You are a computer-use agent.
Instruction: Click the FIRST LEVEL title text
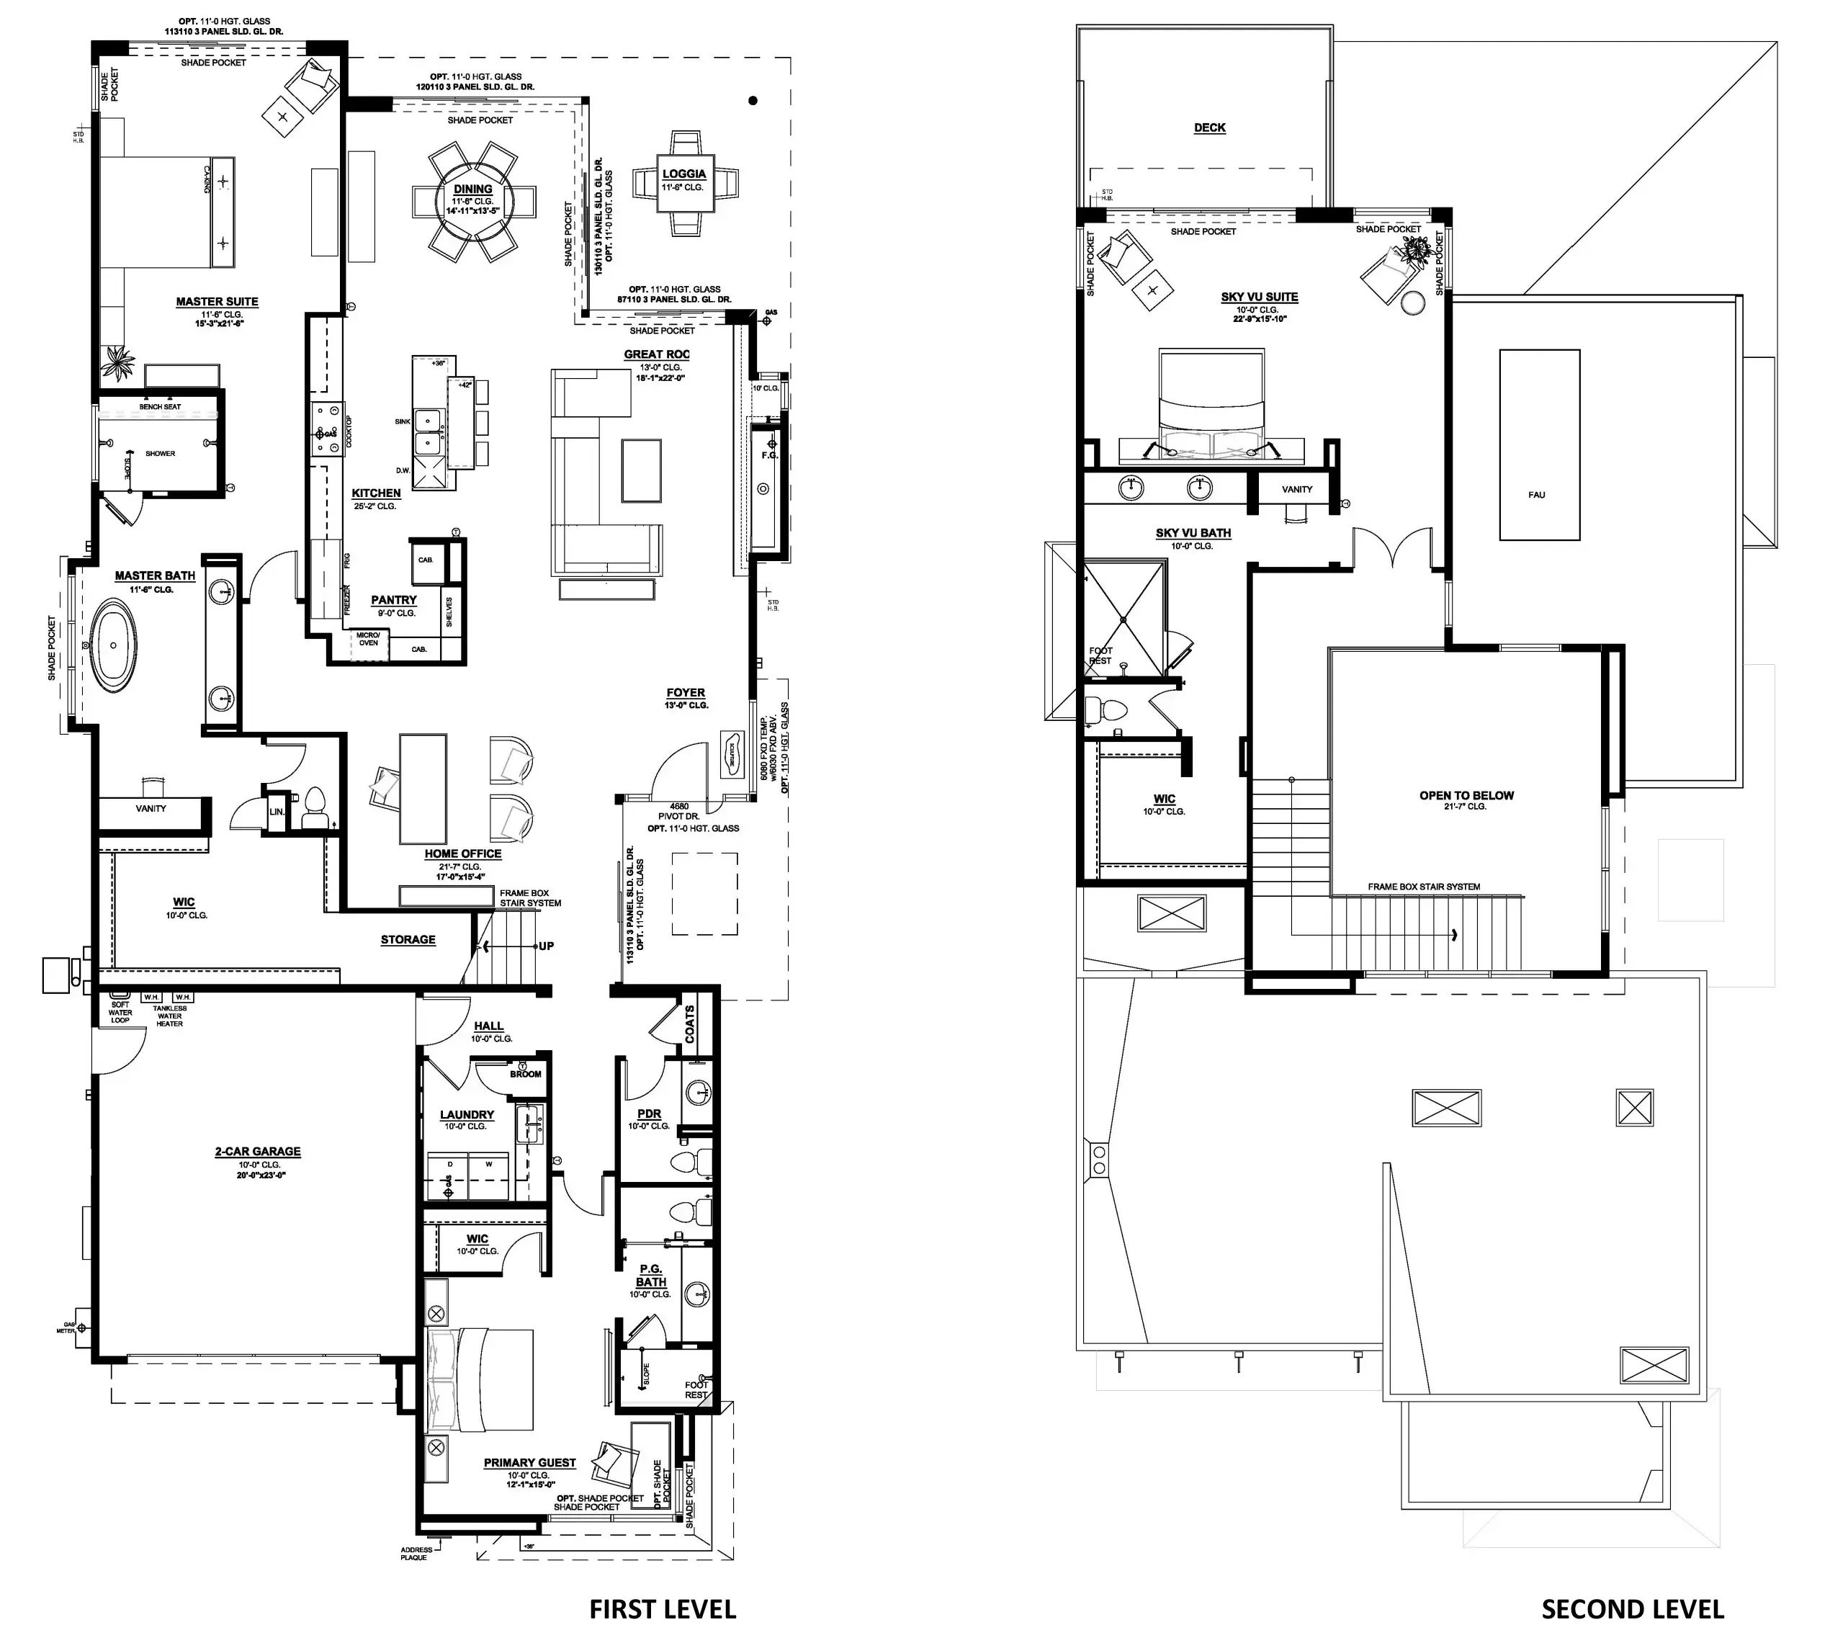coord(662,1609)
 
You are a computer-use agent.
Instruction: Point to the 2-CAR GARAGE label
coord(257,1151)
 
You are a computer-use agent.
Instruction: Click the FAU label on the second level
coord(1536,495)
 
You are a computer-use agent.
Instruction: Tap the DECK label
coord(1209,127)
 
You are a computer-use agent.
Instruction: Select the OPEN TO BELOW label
coord(1466,795)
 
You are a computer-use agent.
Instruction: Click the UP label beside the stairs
coord(545,946)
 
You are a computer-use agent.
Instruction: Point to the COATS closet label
coord(690,1024)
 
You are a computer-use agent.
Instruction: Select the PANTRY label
coord(393,599)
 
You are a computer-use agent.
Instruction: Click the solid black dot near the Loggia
coord(753,101)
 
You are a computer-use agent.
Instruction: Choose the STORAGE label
coord(408,940)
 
